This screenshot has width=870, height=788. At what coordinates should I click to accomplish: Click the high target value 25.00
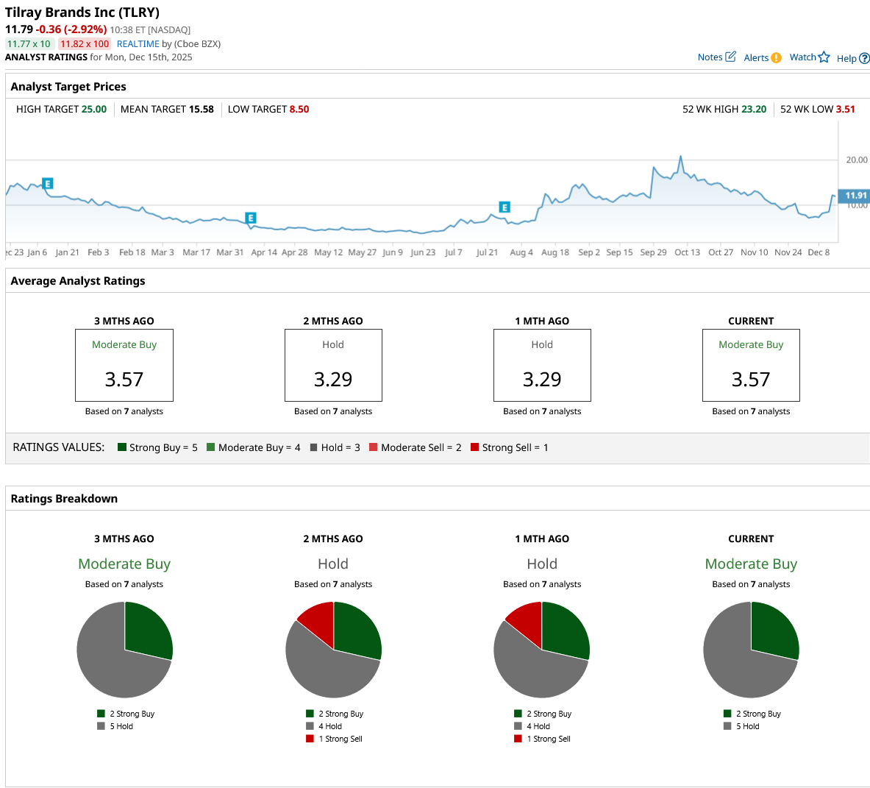[93, 109]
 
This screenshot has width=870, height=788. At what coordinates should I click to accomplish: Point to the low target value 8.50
[299, 109]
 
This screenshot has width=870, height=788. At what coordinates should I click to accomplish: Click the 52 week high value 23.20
[753, 109]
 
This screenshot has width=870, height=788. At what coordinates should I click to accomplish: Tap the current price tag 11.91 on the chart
[855, 196]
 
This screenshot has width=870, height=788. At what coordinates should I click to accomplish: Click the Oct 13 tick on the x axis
[687, 252]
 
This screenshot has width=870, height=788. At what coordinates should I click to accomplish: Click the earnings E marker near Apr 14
[250, 218]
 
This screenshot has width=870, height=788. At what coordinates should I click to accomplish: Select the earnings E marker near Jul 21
[504, 207]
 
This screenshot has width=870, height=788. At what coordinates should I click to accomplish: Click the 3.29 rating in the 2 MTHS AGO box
[333, 380]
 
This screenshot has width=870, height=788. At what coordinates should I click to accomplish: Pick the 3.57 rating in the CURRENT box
[751, 380]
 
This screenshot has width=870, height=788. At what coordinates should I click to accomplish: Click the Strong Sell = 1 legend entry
[509, 447]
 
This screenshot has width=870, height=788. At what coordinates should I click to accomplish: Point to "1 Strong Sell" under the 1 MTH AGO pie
[548, 739]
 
